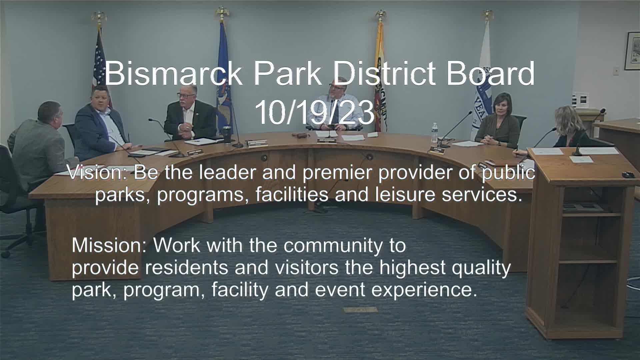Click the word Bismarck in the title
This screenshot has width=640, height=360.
point(173,73)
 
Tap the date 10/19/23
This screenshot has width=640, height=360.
point(315,112)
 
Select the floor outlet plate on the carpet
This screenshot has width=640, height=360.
point(356,310)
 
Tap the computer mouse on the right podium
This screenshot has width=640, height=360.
point(628,174)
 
